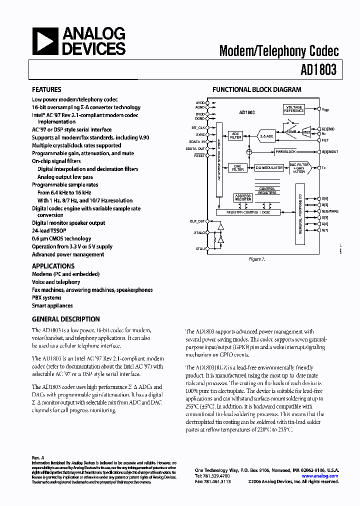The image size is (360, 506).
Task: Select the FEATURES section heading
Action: pos(46,90)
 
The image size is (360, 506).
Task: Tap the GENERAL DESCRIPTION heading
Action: pos(65,319)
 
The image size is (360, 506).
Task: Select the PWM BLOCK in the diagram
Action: pos(285,151)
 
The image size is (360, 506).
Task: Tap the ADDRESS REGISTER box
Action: pos(243,198)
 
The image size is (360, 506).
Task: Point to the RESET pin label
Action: pos(199,155)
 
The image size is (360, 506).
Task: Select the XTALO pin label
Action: pos(200,232)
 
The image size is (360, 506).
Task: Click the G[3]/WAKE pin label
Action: pos(330,211)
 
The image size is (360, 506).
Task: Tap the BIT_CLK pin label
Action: pos(198,128)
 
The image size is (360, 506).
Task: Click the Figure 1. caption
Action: pos(256,259)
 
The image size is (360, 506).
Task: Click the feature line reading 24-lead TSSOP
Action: pos(48,231)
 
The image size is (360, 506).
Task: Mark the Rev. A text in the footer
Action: pos(38,457)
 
